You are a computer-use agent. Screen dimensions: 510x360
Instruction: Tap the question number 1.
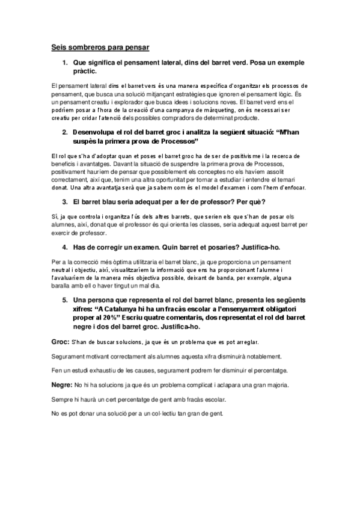[65, 62]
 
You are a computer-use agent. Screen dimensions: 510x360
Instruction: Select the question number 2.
[65, 131]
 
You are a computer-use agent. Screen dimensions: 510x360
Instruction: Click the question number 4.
[65, 247]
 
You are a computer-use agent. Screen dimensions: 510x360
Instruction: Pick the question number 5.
[65, 300]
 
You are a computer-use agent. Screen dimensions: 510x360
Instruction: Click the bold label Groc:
[60, 342]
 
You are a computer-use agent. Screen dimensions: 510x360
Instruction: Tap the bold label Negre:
[61, 384]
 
